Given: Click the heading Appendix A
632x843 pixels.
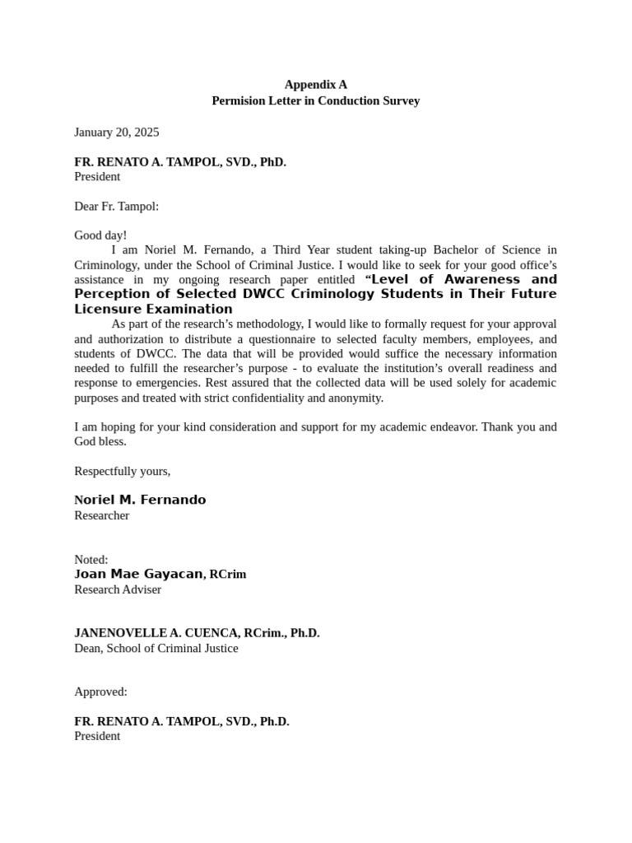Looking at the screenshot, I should point(316,85).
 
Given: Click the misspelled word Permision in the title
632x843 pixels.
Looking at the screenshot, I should point(238,101).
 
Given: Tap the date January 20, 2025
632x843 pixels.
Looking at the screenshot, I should point(117,132).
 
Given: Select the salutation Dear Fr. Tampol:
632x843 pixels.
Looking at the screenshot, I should point(116,206).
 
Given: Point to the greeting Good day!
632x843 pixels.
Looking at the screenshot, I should point(100,235).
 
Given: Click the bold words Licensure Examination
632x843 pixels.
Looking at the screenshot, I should point(153,310).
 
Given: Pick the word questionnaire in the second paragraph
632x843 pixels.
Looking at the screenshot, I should point(317,339).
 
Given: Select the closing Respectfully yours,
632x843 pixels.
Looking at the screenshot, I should point(123,471).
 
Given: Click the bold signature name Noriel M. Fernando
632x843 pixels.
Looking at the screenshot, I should point(140,500).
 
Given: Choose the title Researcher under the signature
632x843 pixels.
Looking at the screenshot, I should point(102,515).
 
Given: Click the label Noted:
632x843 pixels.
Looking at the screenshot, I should point(91,560).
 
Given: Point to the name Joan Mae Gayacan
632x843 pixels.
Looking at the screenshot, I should point(138,574).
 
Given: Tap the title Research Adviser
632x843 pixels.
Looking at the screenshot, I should point(118,589).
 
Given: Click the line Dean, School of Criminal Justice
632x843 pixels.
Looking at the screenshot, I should point(156,648).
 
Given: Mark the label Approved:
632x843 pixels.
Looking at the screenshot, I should point(100,692).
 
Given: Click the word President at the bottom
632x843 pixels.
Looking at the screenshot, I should point(97,736).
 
